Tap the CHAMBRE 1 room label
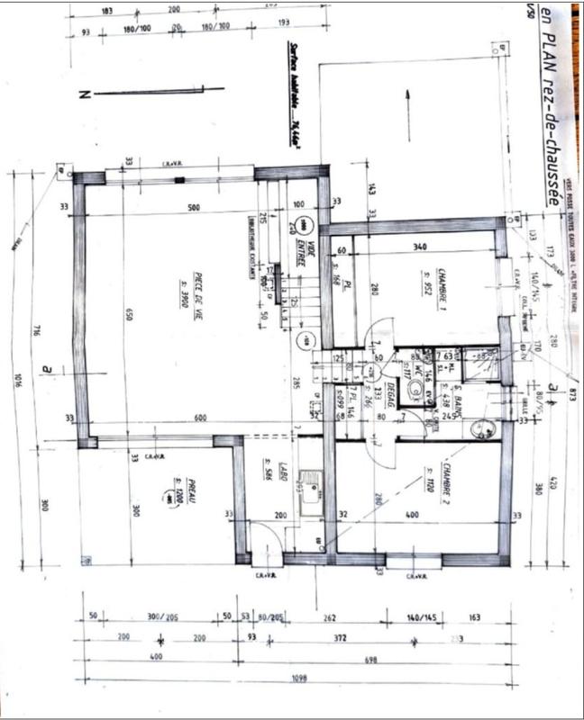(443, 284)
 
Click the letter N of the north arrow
(83, 94)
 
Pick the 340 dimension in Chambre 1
(418, 247)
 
